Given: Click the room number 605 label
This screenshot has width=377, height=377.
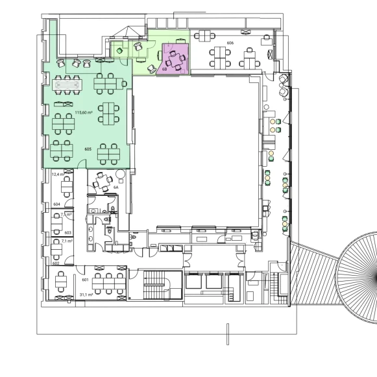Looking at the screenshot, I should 88,149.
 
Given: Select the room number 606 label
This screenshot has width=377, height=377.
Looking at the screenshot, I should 230,43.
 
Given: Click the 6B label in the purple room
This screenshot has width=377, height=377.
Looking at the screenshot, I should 165,68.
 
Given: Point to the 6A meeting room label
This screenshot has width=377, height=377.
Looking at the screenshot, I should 116,188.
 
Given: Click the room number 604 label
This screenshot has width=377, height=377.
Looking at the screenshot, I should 56,204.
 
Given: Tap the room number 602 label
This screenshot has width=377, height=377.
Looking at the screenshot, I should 56,263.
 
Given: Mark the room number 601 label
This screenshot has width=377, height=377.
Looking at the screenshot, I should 84,279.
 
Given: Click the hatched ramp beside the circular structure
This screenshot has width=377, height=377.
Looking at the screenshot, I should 315,273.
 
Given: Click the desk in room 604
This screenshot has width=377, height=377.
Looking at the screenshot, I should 66,188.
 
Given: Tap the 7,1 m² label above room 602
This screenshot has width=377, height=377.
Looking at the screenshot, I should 66,240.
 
